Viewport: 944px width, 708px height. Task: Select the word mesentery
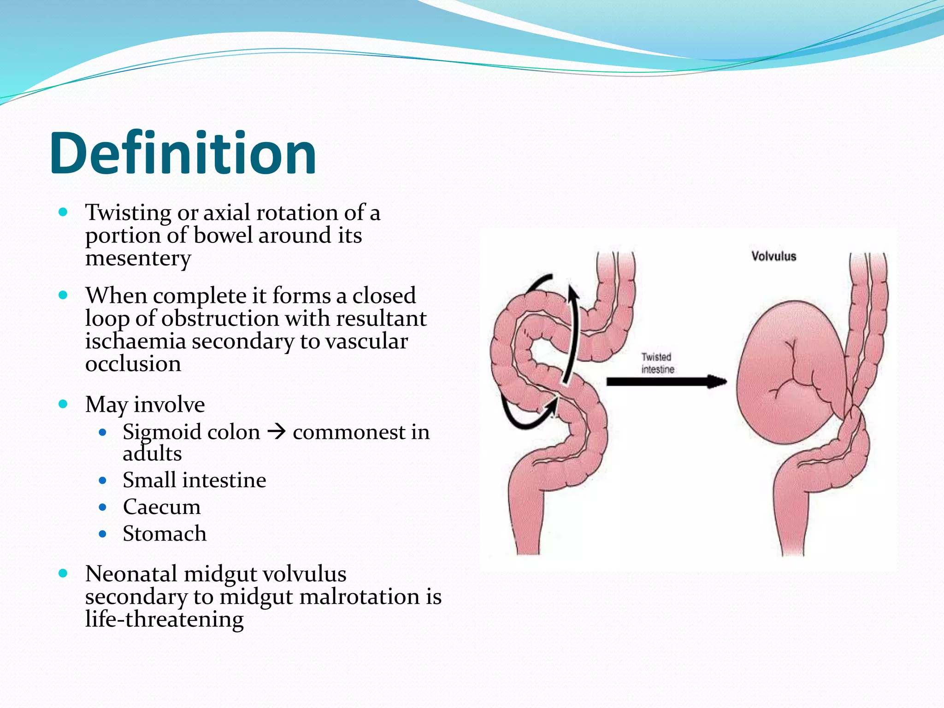coord(138,258)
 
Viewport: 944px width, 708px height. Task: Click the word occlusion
coord(133,364)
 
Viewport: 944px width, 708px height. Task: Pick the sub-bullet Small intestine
coord(194,480)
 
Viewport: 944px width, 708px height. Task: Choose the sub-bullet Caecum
coord(161,507)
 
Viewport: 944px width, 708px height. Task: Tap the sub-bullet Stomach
coord(164,534)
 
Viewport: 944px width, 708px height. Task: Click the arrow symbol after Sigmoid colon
coord(277,432)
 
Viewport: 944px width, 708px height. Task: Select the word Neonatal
coord(131,574)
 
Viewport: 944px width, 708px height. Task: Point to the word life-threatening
coord(164,619)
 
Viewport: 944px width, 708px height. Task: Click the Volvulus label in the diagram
coord(773,256)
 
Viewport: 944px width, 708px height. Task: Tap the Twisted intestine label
coord(657,363)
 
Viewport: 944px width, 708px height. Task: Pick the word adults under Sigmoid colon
coord(152,454)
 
